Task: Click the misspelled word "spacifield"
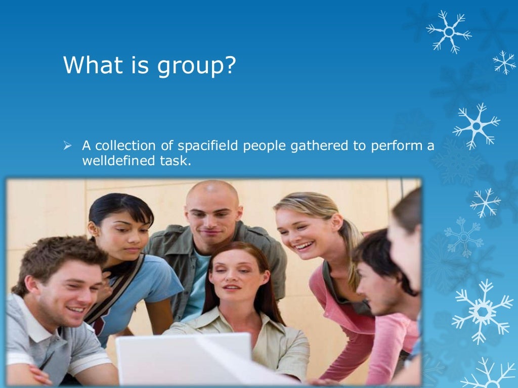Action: (x=208, y=147)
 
